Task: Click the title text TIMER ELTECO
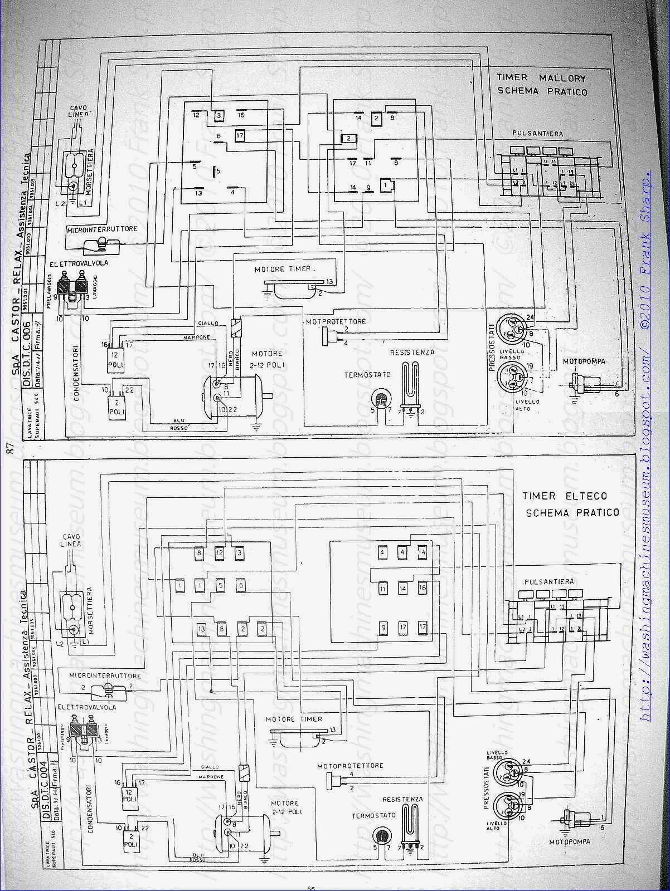coord(565,496)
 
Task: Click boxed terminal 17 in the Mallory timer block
coord(240,135)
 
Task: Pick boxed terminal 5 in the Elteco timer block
coord(221,585)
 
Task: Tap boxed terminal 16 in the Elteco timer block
coord(422,588)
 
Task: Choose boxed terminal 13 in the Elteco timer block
coord(201,629)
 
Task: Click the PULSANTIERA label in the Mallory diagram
coord(538,134)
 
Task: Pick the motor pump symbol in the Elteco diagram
coord(571,820)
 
